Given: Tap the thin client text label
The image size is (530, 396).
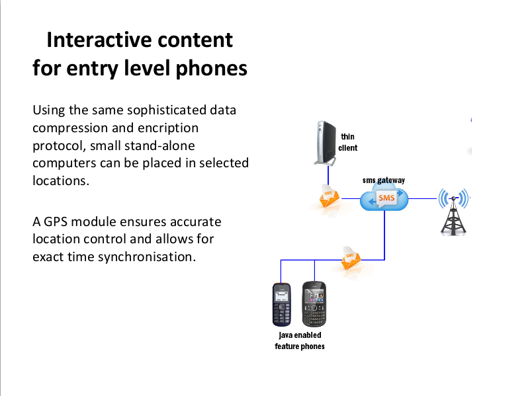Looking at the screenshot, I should [x=347, y=142].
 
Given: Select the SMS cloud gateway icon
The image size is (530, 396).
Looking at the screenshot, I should [x=385, y=198].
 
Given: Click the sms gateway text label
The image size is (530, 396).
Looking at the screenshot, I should [x=384, y=180].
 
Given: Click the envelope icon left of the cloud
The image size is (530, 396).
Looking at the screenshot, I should [x=328, y=197].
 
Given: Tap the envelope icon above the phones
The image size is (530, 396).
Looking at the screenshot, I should [x=351, y=258].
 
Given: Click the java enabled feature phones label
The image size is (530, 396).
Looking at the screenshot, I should [x=300, y=341].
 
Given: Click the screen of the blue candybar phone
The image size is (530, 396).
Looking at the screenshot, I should [x=282, y=294].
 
